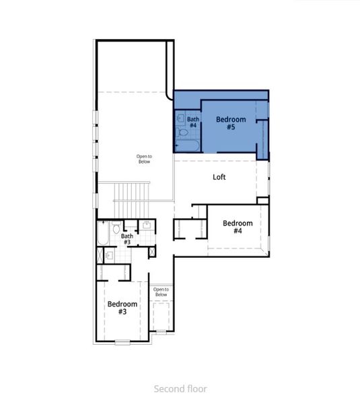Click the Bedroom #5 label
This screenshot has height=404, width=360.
click(x=230, y=123)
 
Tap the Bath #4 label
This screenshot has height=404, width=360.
click(x=192, y=123)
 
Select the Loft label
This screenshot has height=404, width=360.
click(x=219, y=177)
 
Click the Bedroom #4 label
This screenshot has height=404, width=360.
click(x=238, y=227)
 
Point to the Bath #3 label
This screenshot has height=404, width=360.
click(x=127, y=239)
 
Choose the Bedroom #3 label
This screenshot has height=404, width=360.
click(x=122, y=308)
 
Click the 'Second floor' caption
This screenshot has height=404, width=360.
click(x=180, y=389)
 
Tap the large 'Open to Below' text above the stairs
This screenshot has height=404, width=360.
click(x=144, y=159)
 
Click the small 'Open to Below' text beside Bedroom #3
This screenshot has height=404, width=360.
click(x=161, y=292)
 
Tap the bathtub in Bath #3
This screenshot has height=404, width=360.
click(x=103, y=234)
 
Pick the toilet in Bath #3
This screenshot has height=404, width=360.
click(x=116, y=228)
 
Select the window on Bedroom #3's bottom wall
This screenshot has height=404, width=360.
click(x=122, y=343)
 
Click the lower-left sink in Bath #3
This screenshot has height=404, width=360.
click(x=109, y=255)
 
